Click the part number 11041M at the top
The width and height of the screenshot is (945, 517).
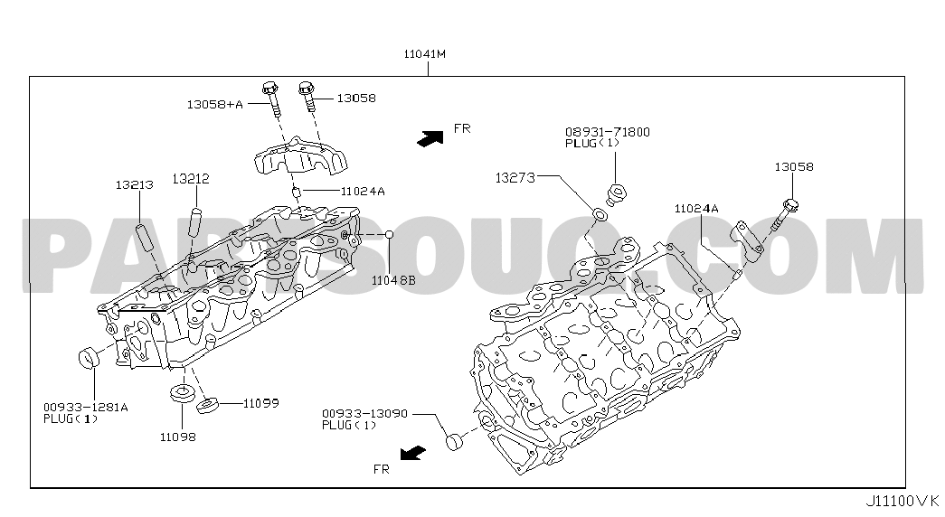[x=425, y=53]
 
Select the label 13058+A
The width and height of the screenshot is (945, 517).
[x=214, y=104]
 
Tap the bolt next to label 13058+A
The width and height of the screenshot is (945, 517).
[x=272, y=99]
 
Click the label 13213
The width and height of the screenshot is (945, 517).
[x=135, y=185]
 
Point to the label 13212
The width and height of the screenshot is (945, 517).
[x=191, y=179]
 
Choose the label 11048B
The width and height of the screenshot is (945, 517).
[x=393, y=280]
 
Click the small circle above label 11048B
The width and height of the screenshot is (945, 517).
[x=390, y=234]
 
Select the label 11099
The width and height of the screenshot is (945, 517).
[x=261, y=403]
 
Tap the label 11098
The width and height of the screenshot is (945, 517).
[x=178, y=437]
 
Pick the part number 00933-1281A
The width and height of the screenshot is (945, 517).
[x=86, y=408]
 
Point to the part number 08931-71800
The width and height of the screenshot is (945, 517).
[x=608, y=132]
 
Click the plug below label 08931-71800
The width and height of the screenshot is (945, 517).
[x=616, y=194]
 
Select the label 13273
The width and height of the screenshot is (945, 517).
[x=515, y=178]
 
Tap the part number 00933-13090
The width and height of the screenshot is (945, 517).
[x=364, y=414]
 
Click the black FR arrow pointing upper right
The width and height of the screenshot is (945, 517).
[x=430, y=138]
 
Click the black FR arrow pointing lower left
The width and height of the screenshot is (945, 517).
[x=413, y=453]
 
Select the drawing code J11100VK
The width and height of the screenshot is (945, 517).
[x=902, y=501]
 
